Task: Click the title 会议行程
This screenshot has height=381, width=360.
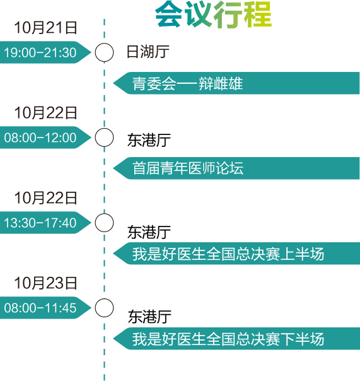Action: pos(213,14)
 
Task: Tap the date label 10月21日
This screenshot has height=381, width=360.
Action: pos(45,28)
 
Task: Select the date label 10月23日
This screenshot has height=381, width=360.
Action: pos(45,283)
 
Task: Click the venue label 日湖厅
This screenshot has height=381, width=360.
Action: pos(148,52)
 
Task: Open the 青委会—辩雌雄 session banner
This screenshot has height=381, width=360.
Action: pos(236,83)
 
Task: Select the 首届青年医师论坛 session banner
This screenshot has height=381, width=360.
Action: pos(236,168)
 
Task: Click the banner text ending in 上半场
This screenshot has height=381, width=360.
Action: pos(228,254)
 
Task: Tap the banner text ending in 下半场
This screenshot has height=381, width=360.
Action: pos(228,339)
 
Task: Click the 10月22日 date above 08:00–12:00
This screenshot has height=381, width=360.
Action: pos(45,113)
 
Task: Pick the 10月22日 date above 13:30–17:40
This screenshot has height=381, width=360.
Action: pos(45,198)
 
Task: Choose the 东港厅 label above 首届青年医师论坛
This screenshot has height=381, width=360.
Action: pos(149,140)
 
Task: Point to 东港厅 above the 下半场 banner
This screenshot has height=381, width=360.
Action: pos(149,317)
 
